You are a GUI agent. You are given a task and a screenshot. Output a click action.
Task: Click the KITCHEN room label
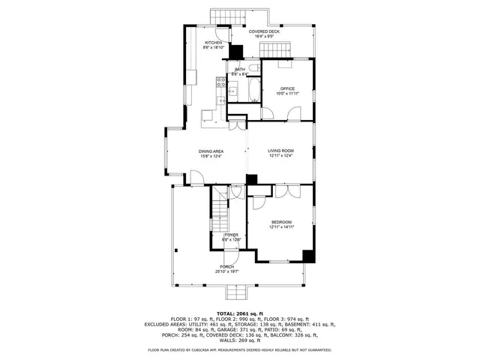(213, 43)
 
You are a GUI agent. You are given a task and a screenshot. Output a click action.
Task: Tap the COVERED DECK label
(264, 31)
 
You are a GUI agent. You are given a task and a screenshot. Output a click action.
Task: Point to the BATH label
(239, 69)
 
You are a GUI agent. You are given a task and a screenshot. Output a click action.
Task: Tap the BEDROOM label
(281, 222)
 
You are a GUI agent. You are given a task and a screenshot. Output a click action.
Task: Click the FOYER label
(231, 235)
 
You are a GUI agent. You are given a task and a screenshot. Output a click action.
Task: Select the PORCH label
(227, 267)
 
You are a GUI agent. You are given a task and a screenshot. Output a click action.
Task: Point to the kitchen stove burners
(221, 82)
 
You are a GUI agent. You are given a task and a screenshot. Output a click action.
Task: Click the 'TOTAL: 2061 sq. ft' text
(239, 313)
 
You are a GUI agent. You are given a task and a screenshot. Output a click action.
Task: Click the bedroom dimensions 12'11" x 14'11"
(281, 227)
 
